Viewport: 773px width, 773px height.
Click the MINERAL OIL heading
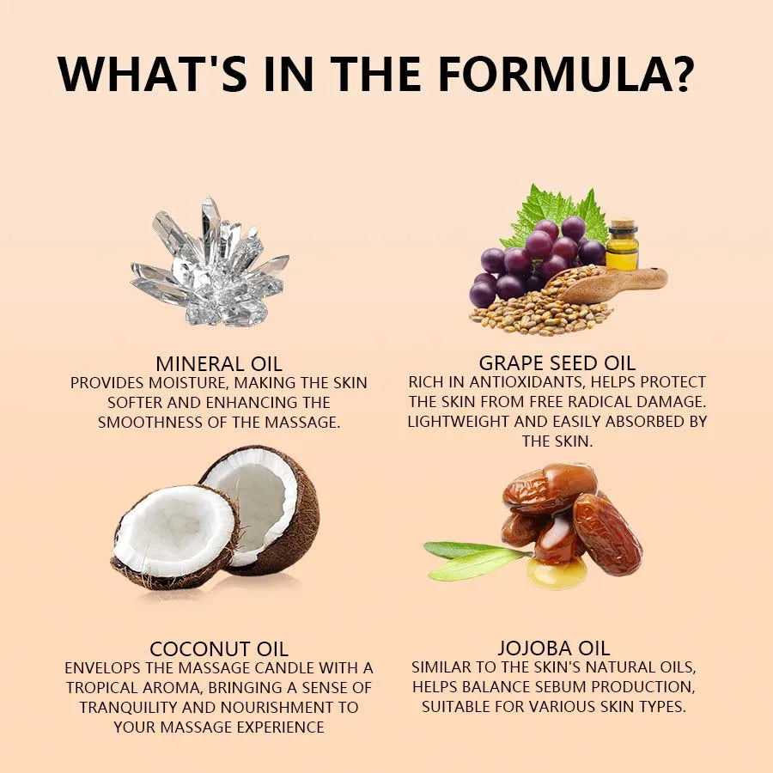pos(219,364)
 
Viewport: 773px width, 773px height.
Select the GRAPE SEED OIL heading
pos(557,363)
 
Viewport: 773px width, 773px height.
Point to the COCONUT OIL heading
pos(219,648)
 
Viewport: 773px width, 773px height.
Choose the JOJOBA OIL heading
pos(554,648)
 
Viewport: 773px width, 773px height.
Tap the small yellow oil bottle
pos(622,245)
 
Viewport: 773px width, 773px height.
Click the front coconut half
pos(173,538)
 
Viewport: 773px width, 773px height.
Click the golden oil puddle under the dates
pos(556,574)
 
